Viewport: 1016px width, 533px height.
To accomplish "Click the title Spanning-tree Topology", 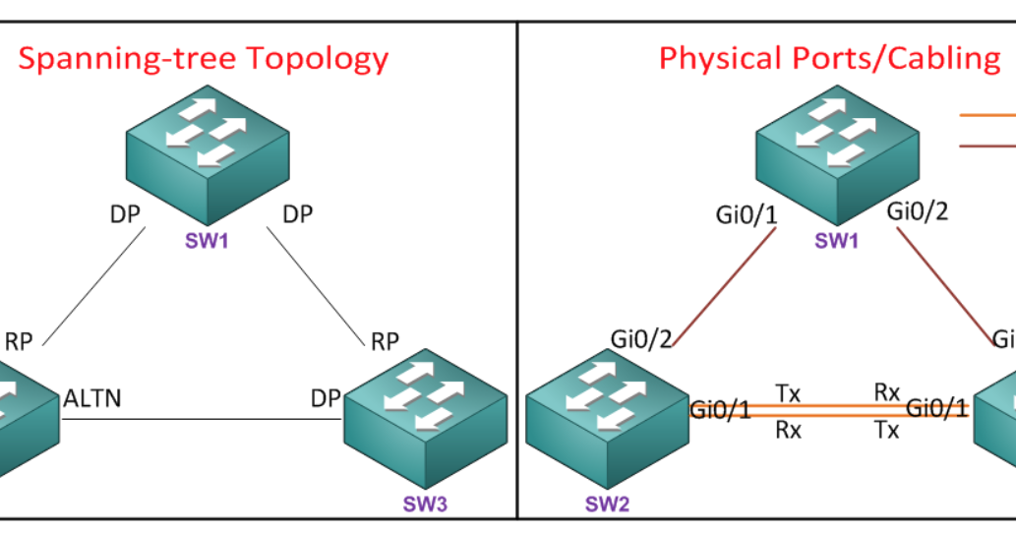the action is (204, 59).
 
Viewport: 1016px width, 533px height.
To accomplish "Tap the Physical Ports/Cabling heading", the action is (830, 59).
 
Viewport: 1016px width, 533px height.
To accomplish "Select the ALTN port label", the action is (92, 398).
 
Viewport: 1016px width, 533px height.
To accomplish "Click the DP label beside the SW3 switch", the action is (326, 398).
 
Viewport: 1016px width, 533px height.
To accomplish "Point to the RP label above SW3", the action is (385, 341).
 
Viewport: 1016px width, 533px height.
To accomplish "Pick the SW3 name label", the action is (425, 503).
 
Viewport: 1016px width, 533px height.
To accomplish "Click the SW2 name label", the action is (607, 503).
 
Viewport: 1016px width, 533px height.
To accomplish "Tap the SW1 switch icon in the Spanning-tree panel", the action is (208, 154).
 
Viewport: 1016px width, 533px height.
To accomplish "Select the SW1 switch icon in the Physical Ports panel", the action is (837, 154).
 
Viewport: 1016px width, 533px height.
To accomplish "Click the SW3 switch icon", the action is (426, 418).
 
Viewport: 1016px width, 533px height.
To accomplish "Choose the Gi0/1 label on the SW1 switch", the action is (747, 215).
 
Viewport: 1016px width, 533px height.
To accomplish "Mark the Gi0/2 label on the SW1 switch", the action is (918, 211).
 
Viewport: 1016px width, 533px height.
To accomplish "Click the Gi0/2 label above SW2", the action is (641, 338).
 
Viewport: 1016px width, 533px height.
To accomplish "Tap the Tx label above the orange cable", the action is (788, 393).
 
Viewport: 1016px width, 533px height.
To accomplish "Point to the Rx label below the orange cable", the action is (789, 430).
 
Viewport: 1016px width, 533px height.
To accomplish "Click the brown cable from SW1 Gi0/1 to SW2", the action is (724, 286).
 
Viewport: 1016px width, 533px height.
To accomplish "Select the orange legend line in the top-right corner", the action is (987, 115).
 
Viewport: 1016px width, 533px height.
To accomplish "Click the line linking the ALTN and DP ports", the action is (202, 419).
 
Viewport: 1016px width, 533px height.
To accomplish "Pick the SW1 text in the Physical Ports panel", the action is (837, 240).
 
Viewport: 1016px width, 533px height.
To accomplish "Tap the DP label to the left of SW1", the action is (125, 214).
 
